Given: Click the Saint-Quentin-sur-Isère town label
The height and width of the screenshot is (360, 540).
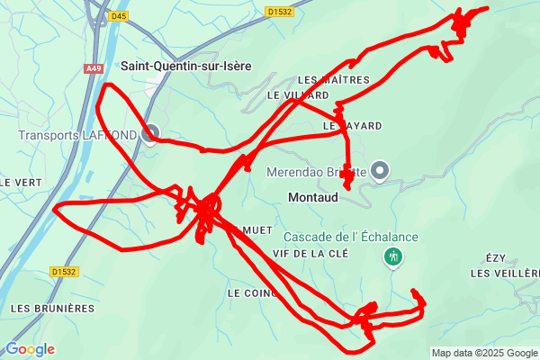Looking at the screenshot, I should pyautogui.click(x=185, y=66).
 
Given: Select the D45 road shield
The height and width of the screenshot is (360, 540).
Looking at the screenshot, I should pyautogui.click(x=120, y=15).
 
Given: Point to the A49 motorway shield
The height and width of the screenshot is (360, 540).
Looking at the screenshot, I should pyautogui.click(x=94, y=68).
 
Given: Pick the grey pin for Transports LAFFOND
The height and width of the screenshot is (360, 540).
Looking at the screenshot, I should pyautogui.click(x=150, y=133).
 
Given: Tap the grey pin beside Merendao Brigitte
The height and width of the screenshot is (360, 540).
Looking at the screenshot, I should pyautogui.click(x=380, y=169).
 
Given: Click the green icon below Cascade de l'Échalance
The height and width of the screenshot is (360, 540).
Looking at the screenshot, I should pyautogui.click(x=392, y=257).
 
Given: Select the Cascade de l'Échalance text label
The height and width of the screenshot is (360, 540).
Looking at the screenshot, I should pyautogui.click(x=351, y=237).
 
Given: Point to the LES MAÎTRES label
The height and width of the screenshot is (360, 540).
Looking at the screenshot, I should pyautogui.click(x=333, y=80).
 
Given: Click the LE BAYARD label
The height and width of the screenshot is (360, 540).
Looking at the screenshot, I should pyautogui.click(x=353, y=125).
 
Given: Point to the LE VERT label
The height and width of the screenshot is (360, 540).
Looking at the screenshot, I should pyautogui.click(x=16, y=182).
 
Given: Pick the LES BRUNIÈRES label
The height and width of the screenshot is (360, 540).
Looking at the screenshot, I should pyautogui.click(x=52, y=308).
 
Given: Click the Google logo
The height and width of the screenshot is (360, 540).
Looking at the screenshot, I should pyautogui.click(x=30, y=349).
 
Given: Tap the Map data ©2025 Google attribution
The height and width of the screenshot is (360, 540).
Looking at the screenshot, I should pyautogui.click(x=483, y=353).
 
